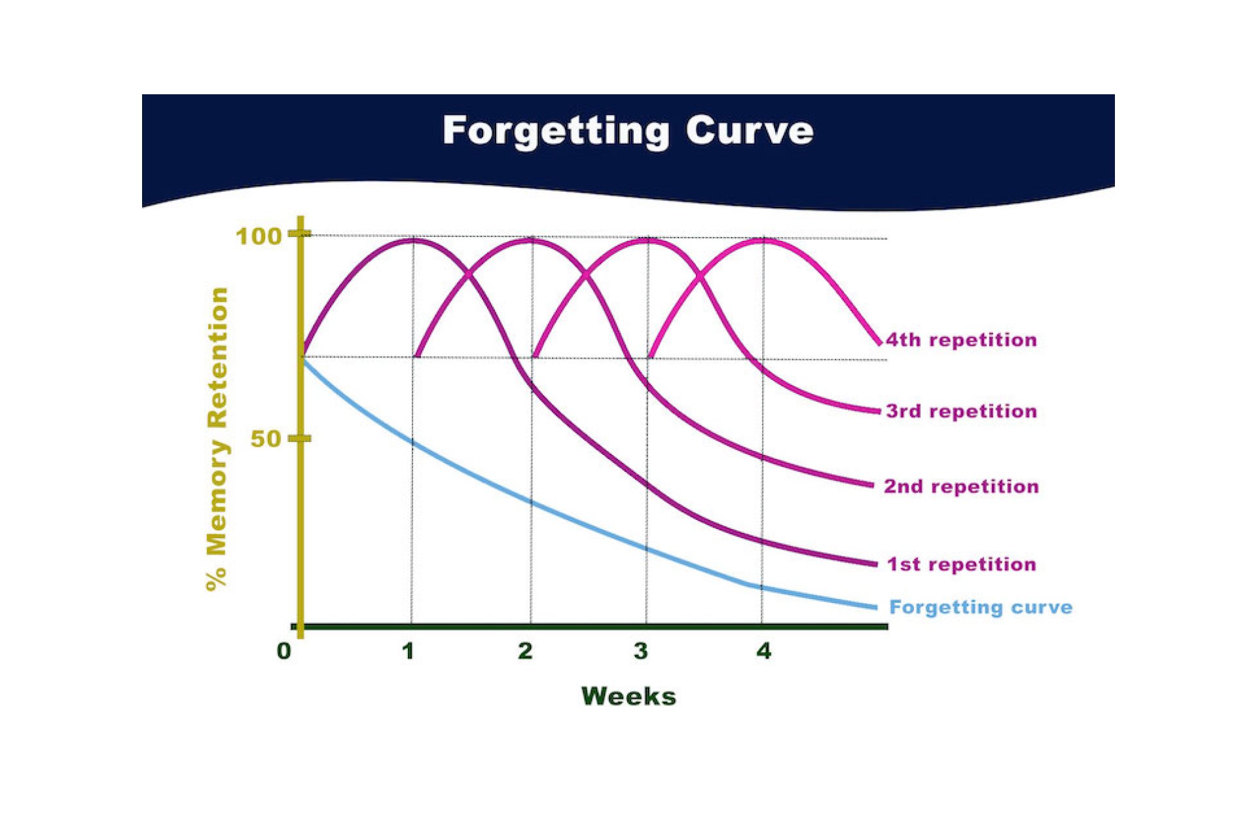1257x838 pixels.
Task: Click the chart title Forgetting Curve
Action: tap(628, 130)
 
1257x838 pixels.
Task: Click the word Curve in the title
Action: tap(750, 130)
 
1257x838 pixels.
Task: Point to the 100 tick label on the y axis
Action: tap(258, 236)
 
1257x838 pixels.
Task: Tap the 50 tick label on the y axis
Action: tap(266, 439)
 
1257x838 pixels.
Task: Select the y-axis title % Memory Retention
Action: tap(217, 439)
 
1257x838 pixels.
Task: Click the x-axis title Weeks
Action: tap(628, 696)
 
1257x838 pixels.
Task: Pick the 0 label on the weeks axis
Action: tap(283, 651)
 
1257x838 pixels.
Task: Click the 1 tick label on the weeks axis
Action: tap(409, 651)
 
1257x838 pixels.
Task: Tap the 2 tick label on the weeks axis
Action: tap(525, 651)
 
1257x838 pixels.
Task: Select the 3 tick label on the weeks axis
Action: tap(641, 651)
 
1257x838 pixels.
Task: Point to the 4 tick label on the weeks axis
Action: tap(764, 651)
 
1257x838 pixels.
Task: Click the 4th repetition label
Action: tap(961, 340)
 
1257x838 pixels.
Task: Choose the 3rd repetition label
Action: tap(961, 411)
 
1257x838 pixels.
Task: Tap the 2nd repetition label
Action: tap(961, 486)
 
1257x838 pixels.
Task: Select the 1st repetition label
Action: tap(961, 564)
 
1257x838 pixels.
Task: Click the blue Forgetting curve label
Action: tap(981, 608)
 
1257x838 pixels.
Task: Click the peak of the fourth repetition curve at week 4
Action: tap(763, 241)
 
